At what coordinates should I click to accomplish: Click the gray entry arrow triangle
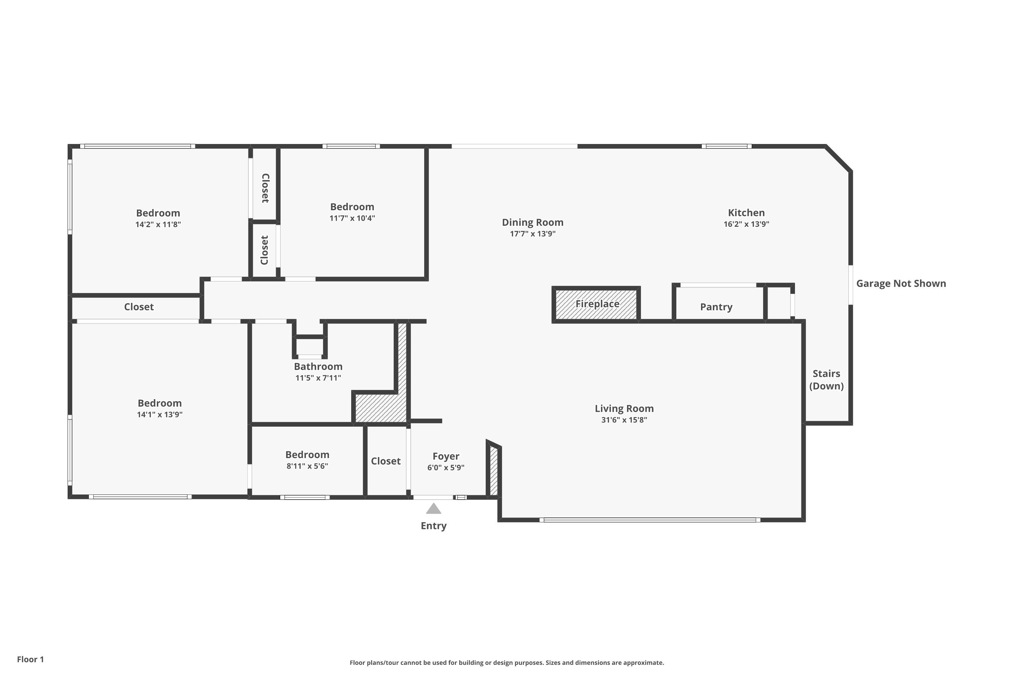coord(433,509)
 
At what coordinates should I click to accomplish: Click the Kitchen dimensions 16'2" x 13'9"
coord(746,224)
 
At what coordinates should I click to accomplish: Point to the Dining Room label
coord(532,222)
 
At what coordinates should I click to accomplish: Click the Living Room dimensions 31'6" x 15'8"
coord(624,420)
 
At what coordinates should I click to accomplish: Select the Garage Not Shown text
coord(901,284)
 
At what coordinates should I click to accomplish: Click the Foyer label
coord(446,456)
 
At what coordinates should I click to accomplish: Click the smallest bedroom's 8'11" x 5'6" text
coord(307,466)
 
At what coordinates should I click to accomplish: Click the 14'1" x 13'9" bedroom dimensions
coord(160,415)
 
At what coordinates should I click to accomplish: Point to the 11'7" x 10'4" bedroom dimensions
coord(352,218)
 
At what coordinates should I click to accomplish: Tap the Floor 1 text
coord(30,659)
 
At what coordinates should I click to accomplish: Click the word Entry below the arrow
coord(433,526)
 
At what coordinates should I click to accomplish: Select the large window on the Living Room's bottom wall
coord(649,520)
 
